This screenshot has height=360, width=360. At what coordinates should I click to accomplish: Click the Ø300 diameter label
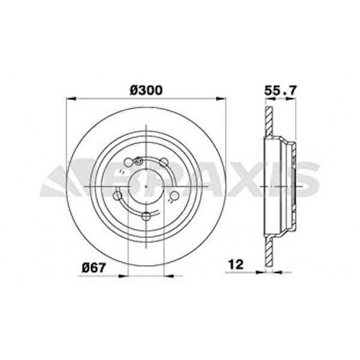[x=145, y=90]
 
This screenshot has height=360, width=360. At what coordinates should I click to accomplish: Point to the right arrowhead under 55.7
[x=287, y=100]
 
